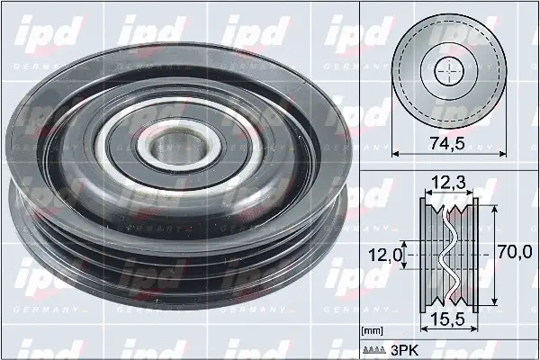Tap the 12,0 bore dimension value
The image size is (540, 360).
point(386,256)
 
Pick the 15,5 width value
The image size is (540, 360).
point(448,320)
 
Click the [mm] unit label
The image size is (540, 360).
point(371,332)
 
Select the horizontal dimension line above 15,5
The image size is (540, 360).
point(448,307)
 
